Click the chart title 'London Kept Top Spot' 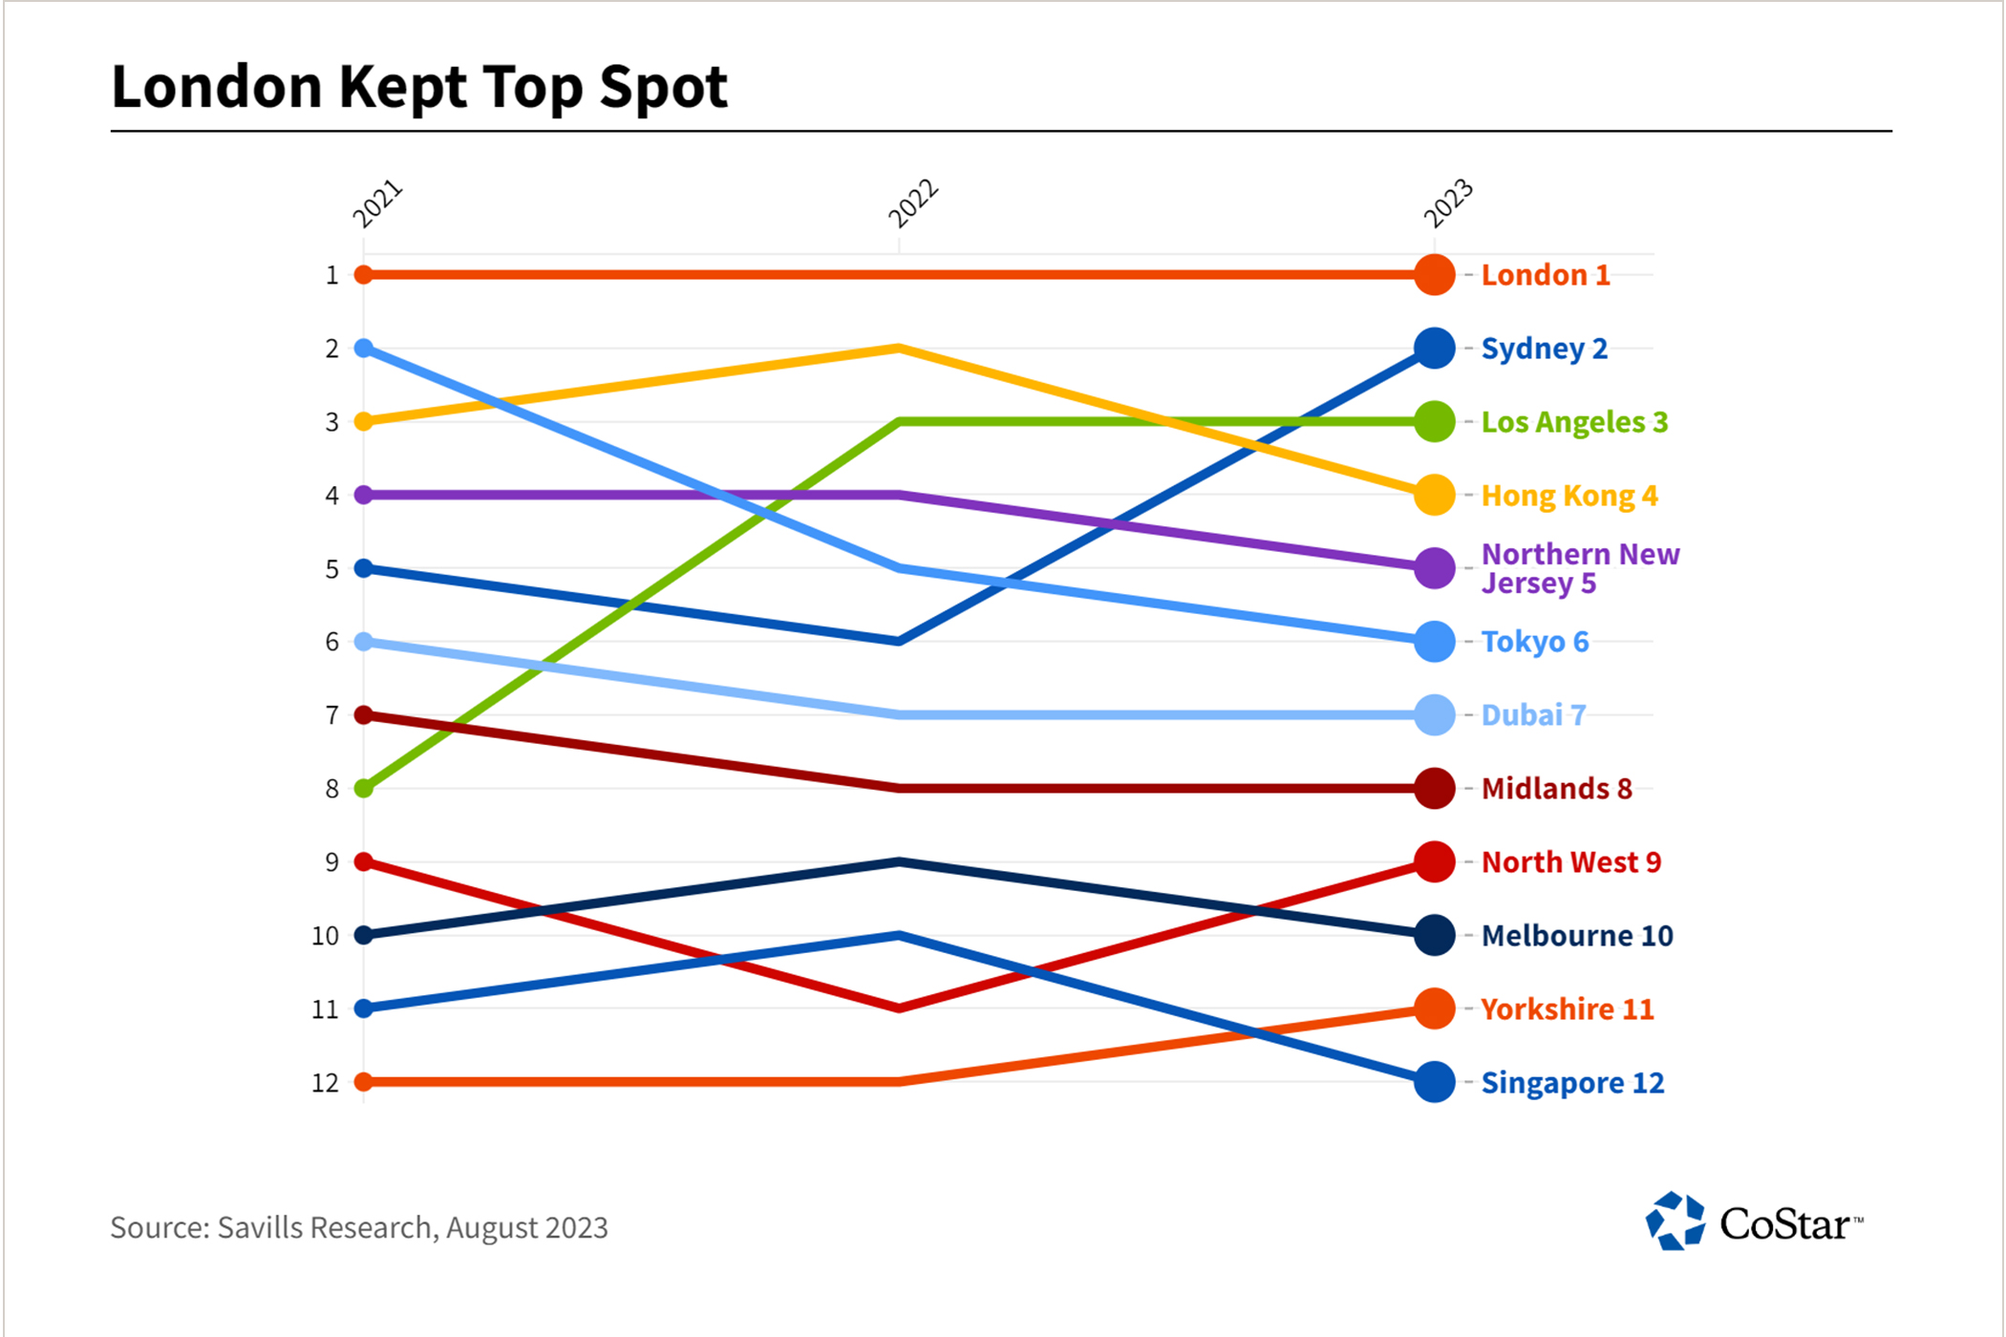[x=419, y=87]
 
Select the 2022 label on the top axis [x=912, y=203]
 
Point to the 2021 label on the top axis [x=377, y=203]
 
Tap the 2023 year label [x=1447, y=203]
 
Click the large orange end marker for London [x=1434, y=275]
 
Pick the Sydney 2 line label [x=1544, y=349]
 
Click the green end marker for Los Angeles [x=1434, y=421]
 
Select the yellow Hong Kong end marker [x=1434, y=495]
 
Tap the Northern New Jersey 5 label [x=1579, y=568]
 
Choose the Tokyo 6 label [x=1534, y=642]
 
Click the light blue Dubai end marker [x=1434, y=715]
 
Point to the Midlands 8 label [x=1556, y=789]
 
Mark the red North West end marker [x=1434, y=861]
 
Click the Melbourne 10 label [x=1576, y=936]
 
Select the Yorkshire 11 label [x=1567, y=1009]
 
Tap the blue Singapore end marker [x=1434, y=1082]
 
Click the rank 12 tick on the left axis [x=326, y=1083]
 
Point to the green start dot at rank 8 [x=364, y=789]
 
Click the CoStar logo [x=1754, y=1221]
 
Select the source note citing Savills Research [x=359, y=1227]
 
